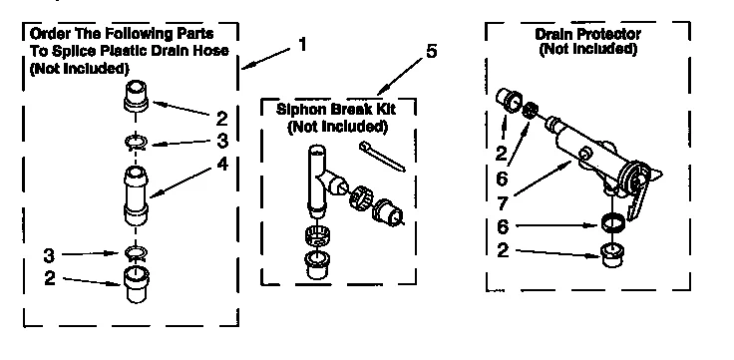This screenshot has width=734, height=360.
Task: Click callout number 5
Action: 430,51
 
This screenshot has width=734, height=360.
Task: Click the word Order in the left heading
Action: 41,33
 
